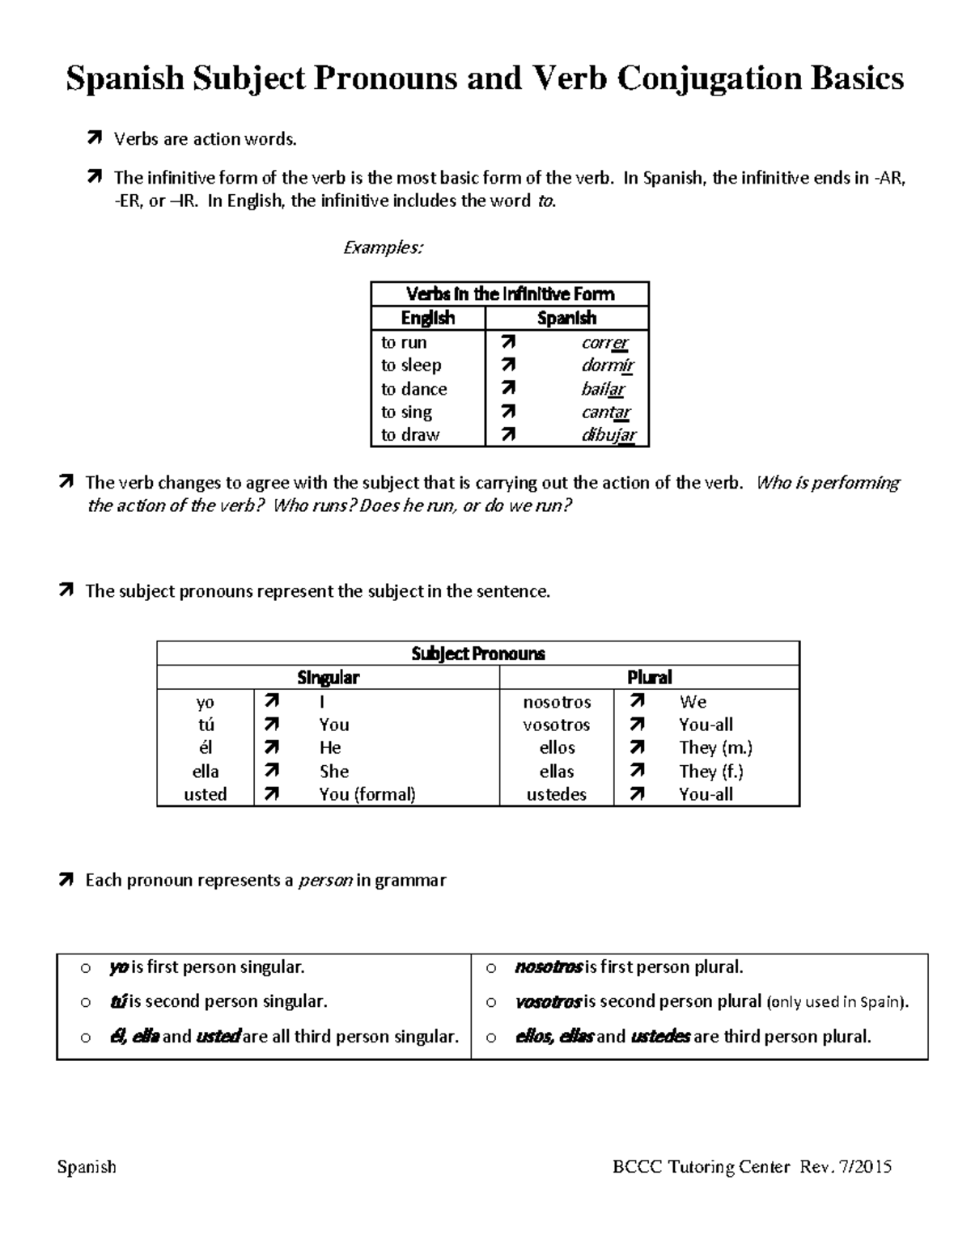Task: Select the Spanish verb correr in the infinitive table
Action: point(604,343)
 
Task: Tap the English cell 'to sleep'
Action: point(411,366)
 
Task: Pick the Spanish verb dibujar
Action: point(608,435)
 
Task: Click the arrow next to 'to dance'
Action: point(507,389)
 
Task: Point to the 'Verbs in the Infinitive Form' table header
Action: point(510,294)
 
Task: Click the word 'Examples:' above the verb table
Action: point(383,247)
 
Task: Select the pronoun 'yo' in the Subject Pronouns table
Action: point(206,702)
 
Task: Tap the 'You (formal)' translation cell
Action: point(367,794)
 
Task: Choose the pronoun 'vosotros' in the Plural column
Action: point(557,725)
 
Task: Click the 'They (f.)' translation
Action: point(711,772)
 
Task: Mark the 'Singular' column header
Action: point(328,677)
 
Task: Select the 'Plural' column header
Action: point(649,677)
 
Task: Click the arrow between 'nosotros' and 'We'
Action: point(638,701)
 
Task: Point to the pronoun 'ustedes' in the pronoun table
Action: point(557,794)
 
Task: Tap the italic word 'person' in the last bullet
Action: point(325,880)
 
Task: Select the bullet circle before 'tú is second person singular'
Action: point(85,1002)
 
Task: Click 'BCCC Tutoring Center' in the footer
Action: point(701,1166)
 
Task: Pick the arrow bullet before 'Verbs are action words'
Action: point(94,139)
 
